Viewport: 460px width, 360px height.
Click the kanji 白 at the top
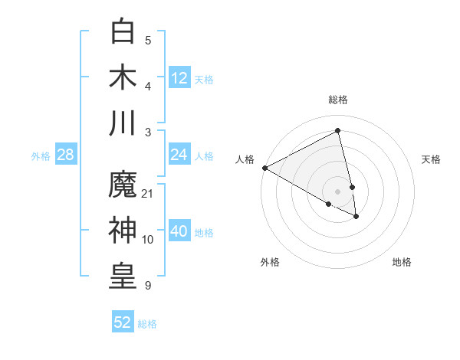(123, 33)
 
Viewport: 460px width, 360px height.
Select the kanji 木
(123, 77)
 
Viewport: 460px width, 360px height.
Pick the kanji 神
(123, 231)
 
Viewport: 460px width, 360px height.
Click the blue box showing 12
(179, 78)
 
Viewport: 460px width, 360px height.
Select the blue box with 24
(179, 155)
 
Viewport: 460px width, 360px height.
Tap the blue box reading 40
(179, 231)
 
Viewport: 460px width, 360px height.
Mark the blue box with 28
(66, 155)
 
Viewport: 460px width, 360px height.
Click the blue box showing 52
(123, 322)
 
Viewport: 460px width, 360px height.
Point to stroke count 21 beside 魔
(148, 193)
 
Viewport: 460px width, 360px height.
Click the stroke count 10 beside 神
(148, 239)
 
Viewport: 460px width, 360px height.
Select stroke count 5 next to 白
(148, 41)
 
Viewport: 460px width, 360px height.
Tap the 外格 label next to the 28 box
(41, 155)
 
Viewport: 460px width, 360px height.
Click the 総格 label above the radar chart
(338, 100)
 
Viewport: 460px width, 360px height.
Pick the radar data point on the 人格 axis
(264, 168)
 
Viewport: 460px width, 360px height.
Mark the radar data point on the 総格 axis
(338, 131)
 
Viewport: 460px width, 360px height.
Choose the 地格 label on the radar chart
(402, 262)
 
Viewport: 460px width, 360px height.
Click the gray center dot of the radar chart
(338, 191)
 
